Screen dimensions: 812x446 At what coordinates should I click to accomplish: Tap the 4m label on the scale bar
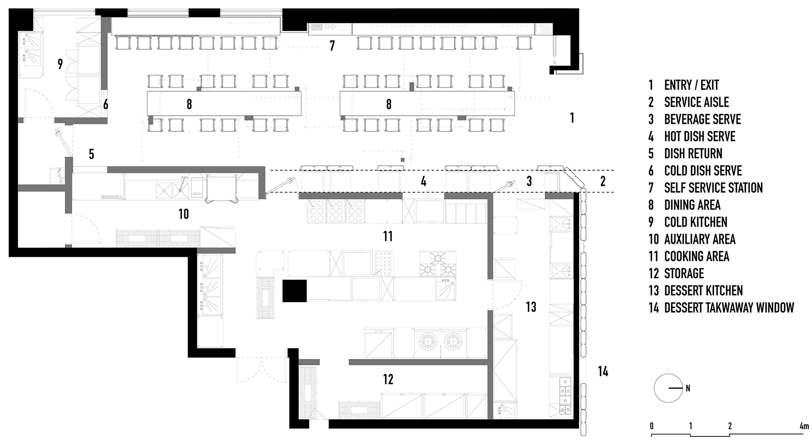click(804, 426)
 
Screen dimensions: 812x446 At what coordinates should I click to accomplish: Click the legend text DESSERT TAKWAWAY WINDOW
click(729, 308)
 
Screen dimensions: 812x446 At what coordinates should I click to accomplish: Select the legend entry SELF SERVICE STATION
click(714, 188)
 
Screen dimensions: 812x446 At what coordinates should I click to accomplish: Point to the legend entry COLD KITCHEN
click(695, 222)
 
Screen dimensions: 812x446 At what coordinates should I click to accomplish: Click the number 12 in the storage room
click(388, 379)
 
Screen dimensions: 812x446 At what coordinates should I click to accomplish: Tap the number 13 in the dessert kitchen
click(531, 307)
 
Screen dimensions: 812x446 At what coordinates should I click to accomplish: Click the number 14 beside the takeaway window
click(603, 371)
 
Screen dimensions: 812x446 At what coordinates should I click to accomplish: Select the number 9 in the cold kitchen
click(60, 64)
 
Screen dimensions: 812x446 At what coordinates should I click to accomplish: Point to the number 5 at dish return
click(91, 154)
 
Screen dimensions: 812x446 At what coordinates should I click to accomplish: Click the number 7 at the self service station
click(332, 46)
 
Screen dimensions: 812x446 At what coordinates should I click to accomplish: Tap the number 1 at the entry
click(572, 118)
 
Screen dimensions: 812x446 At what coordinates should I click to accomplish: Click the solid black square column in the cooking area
click(295, 291)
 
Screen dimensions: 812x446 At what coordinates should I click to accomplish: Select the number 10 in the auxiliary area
click(183, 214)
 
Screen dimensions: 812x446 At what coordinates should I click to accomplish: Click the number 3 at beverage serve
click(529, 181)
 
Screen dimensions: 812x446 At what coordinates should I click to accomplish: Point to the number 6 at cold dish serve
click(106, 105)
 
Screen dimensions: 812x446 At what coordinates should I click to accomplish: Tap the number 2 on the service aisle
click(603, 181)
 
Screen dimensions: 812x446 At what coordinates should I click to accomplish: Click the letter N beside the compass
click(688, 388)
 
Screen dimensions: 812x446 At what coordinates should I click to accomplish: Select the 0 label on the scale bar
click(652, 426)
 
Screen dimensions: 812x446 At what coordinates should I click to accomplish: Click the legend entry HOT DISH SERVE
click(700, 136)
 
